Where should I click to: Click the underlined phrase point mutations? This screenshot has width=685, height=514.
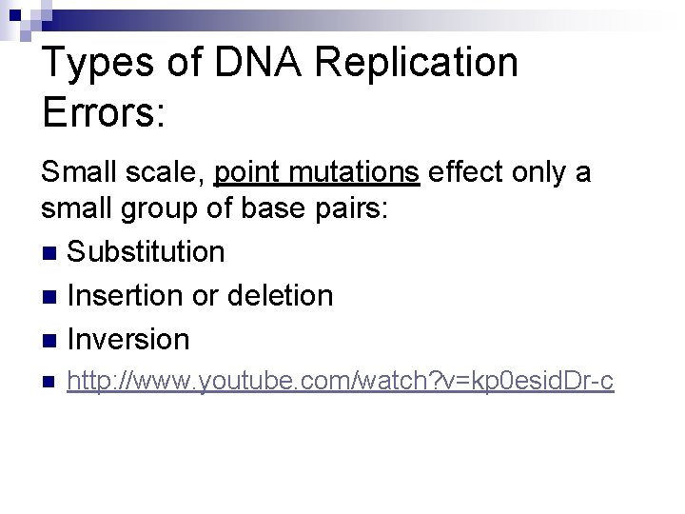pos(317,172)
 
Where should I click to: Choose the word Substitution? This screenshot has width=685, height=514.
pos(146,252)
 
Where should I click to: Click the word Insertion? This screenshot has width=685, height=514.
pos(126,296)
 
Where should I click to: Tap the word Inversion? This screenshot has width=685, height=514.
pos(128,339)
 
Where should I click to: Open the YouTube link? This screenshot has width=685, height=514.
pos(341,383)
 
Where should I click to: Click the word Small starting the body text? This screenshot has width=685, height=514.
pos(80,172)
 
